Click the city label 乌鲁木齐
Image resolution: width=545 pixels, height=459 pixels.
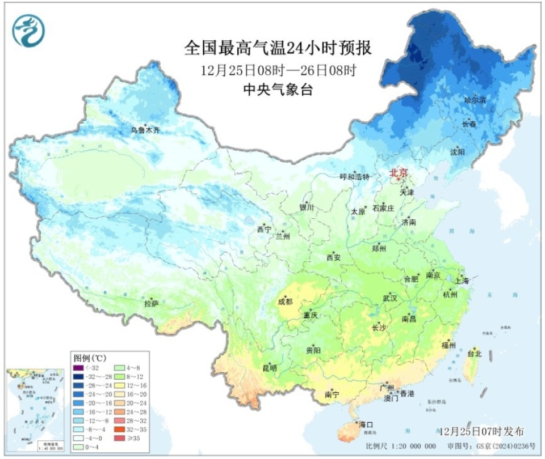(145, 130)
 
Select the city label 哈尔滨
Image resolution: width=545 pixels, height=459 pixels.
(475, 100)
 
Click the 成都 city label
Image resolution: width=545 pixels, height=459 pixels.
(285, 301)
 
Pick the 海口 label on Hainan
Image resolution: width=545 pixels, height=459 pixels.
(366, 424)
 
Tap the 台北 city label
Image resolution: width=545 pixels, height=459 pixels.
(473, 354)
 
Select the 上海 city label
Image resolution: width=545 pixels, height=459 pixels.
(462, 280)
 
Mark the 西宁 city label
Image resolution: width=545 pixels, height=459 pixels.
(264, 229)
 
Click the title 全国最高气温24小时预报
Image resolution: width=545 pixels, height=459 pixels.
(278, 48)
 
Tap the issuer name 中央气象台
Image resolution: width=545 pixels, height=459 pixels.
(278, 90)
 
